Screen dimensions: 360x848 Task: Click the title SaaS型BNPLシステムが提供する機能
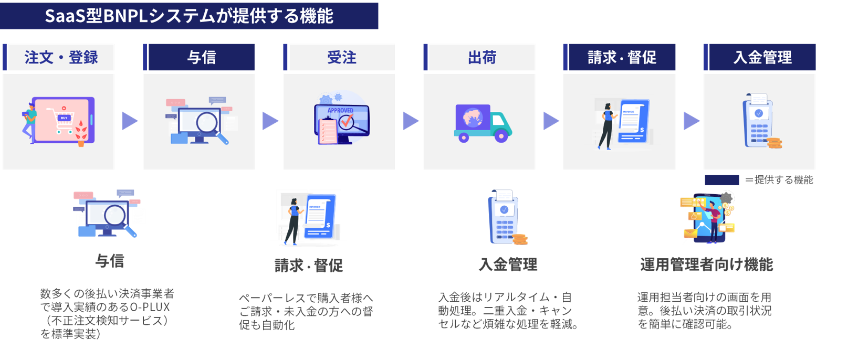[x=189, y=16]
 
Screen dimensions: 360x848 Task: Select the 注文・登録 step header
[x=61, y=57]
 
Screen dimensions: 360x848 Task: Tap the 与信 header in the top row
[x=202, y=57]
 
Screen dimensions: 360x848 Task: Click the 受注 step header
[x=342, y=57]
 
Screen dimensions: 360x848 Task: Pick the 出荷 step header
[x=482, y=57]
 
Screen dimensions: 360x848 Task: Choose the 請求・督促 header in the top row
[x=622, y=57]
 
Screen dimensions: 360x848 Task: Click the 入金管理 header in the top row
[x=762, y=57]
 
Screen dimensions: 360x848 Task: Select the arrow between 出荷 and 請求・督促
[x=551, y=121]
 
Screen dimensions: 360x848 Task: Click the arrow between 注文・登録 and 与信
[x=129, y=121]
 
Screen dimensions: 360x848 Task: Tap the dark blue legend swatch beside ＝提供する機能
[x=721, y=180]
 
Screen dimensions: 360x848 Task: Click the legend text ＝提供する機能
[x=779, y=180]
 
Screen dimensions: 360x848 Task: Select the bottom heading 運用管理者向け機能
[x=706, y=264]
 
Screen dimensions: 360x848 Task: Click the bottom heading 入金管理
[x=508, y=264]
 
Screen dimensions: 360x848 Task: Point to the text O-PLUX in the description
[x=150, y=307]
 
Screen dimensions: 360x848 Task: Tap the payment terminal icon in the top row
[x=760, y=122]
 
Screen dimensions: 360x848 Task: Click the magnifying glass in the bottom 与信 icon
[x=116, y=215]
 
